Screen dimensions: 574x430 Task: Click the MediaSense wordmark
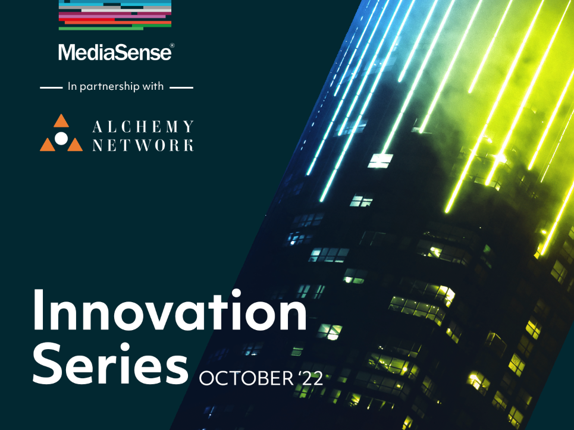click(x=114, y=52)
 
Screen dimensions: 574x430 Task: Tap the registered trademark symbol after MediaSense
click(x=172, y=45)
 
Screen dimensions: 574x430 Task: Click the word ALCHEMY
click(x=143, y=127)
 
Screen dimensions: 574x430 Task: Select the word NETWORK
click(x=143, y=145)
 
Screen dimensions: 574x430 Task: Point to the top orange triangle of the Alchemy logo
click(x=61, y=121)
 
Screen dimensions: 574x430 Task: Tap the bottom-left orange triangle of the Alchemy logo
click(x=47, y=145)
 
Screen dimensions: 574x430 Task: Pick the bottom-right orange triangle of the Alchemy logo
click(x=75, y=145)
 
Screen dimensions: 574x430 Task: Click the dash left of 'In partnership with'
click(x=51, y=88)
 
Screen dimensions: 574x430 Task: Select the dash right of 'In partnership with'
click(x=181, y=88)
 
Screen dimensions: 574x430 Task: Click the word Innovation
click(x=170, y=310)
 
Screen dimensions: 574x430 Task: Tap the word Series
click(x=110, y=363)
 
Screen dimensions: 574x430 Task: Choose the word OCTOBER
click(x=246, y=378)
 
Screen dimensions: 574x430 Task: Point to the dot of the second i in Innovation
click(x=236, y=293)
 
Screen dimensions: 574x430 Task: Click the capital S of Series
click(x=50, y=363)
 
